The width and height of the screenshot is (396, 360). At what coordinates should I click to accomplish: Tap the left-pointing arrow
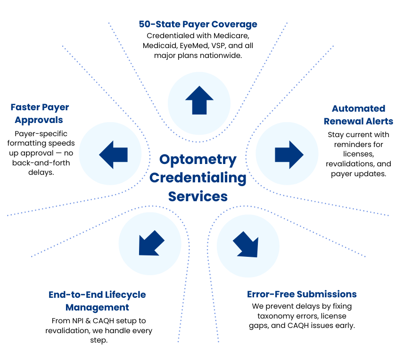coord(113,154)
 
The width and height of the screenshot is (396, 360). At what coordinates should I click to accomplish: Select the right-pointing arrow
coord(289,154)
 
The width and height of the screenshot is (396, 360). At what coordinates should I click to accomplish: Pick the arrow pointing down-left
coord(150,244)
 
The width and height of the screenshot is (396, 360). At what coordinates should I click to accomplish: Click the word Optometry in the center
coord(198,160)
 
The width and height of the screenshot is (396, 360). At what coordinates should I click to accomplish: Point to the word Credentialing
coord(198,178)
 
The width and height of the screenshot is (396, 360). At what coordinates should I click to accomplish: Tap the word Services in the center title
coord(198,196)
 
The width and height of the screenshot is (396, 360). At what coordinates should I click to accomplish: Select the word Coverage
coord(235,24)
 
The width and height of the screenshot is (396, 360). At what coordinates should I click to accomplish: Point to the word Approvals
coord(39,120)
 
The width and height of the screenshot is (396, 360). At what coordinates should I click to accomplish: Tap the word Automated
coord(358,108)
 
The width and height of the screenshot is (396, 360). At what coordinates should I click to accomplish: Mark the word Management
coord(97,307)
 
